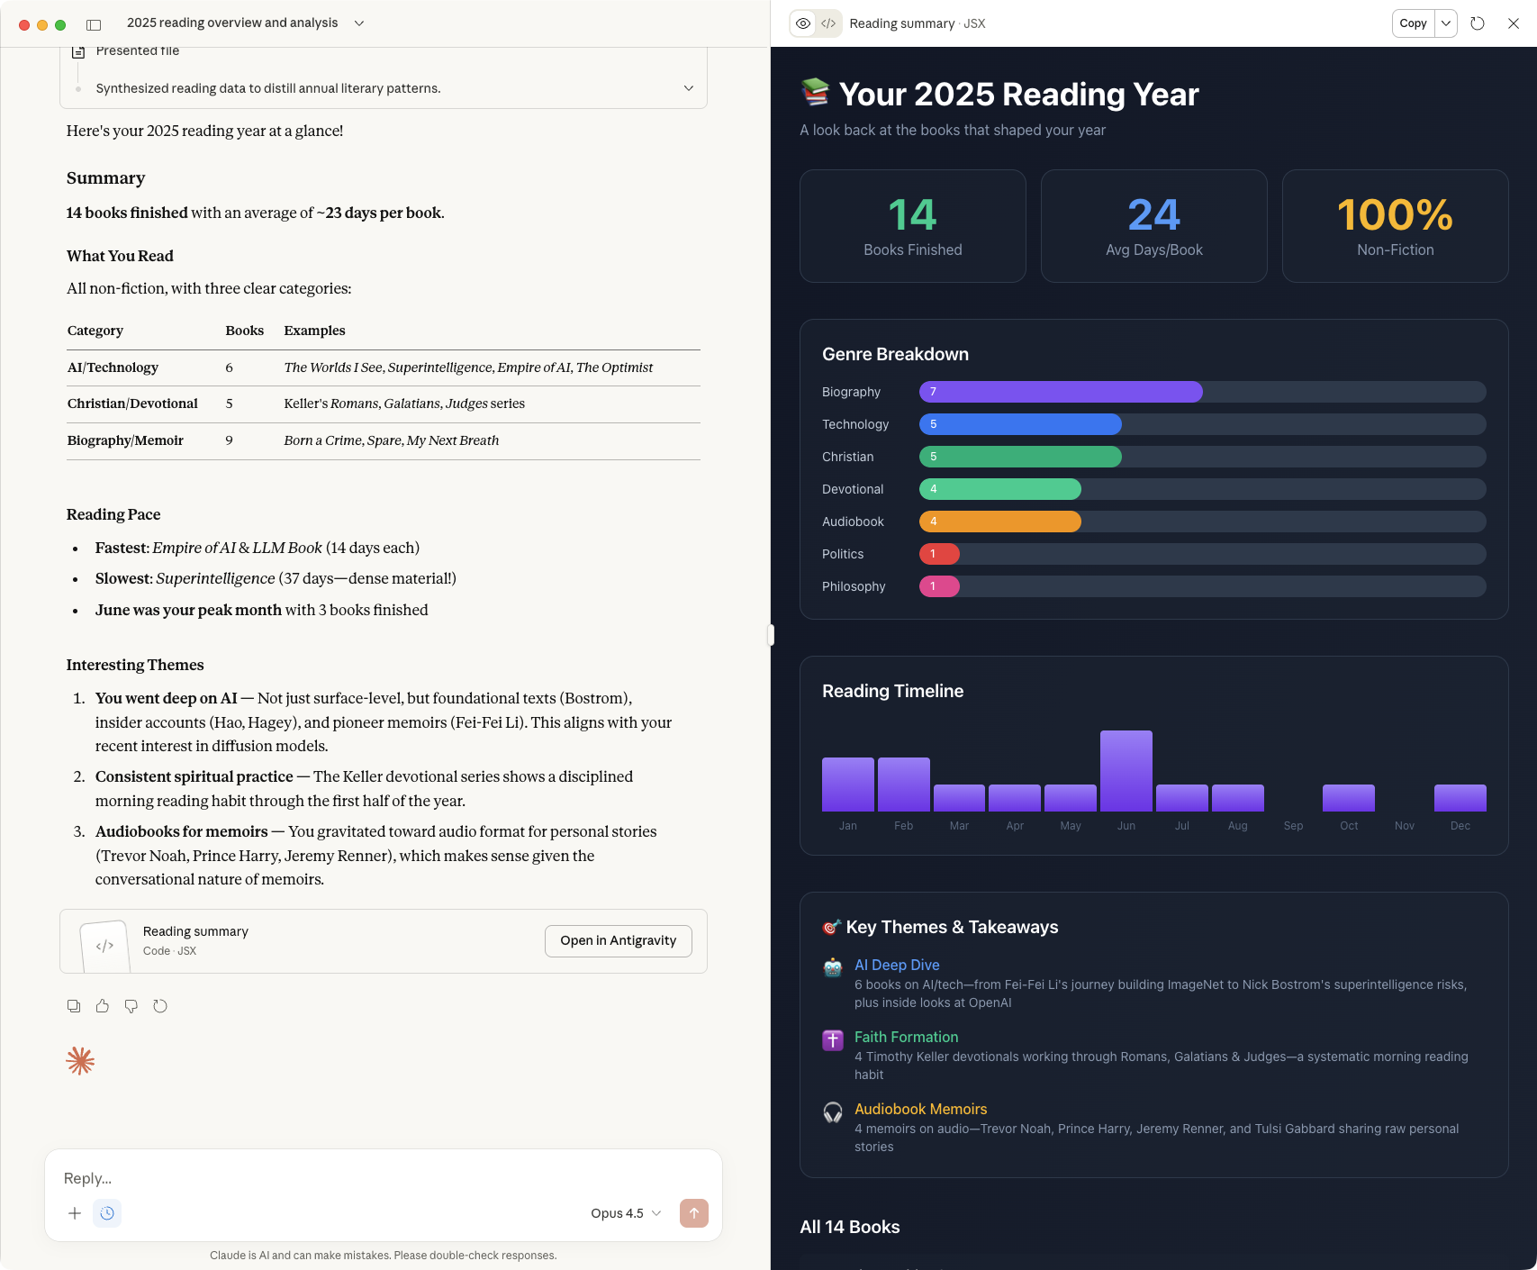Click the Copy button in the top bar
coord(1413,23)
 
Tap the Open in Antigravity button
coord(618,940)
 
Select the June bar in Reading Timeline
coord(1126,771)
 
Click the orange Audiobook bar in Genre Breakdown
coord(999,522)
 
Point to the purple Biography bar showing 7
coord(1060,392)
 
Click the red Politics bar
coord(939,554)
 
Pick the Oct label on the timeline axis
coord(1348,826)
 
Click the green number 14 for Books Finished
coord(912,215)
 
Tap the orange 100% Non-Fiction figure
coord(1395,215)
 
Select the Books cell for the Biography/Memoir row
coord(230,440)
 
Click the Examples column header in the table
coord(314,331)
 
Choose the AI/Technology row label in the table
coord(113,367)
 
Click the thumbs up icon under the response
coord(103,1006)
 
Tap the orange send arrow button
coord(693,1213)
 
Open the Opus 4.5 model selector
coord(626,1213)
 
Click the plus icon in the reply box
coord(75,1213)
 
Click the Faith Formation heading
coord(906,1037)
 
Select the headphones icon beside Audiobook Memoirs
coord(833,1112)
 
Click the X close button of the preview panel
coord(1513,23)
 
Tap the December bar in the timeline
coord(1460,798)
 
